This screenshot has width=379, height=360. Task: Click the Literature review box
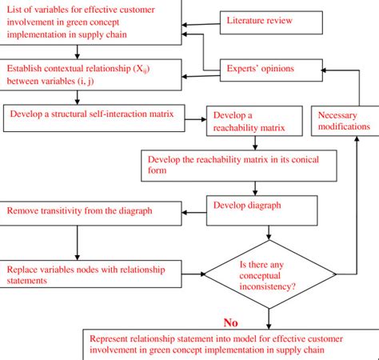tap(260, 19)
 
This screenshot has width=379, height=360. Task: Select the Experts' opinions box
tap(261, 69)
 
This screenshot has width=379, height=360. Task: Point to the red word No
tap(230, 322)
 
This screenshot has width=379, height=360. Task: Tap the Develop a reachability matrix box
tap(255, 121)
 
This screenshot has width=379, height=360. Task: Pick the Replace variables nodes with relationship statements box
tap(89, 274)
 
